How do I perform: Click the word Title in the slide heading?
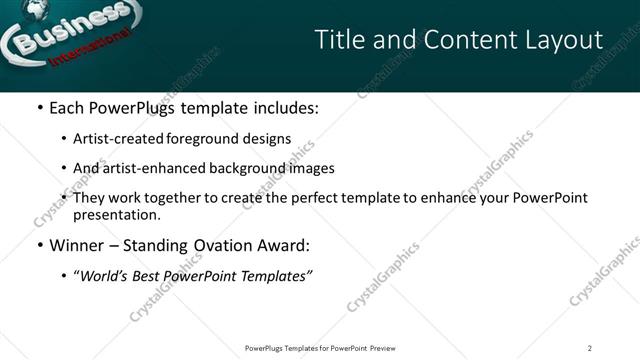click(337, 40)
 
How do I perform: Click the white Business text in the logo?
click(63, 33)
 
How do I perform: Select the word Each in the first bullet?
click(66, 107)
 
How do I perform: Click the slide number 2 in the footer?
click(590, 348)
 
